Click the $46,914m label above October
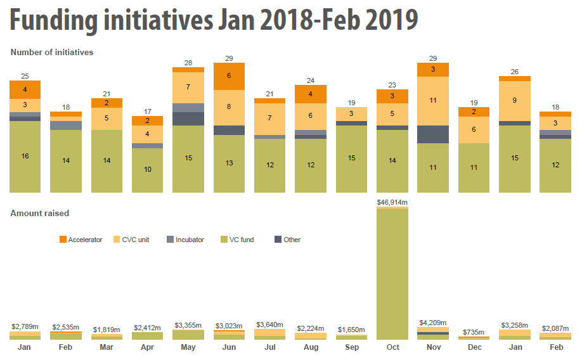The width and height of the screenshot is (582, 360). [393, 202]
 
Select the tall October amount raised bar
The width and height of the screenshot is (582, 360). [393, 273]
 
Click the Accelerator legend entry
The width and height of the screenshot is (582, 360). [81, 240]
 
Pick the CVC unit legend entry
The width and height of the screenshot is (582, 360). [133, 240]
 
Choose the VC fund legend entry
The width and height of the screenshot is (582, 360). [240, 240]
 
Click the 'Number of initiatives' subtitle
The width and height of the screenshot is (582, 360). [52, 52]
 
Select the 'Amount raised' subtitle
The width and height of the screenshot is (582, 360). [40, 213]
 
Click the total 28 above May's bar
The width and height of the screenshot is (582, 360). [188, 62]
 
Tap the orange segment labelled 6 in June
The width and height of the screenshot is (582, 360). [230, 76]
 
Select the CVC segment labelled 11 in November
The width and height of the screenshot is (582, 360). [433, 101]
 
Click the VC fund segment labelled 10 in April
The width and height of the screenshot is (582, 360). [148, 170]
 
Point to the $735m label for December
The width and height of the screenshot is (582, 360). [474, 332]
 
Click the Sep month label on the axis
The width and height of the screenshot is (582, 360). [352, 348]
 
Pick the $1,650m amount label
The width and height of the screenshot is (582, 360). [352, 330]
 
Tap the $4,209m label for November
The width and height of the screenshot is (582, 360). [433, 323]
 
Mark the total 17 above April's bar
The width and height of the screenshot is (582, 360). [148, 111]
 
